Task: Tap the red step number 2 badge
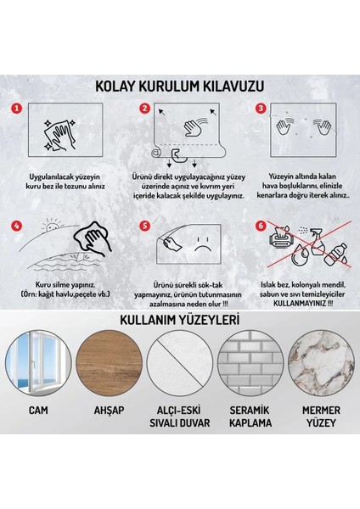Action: (144, 109)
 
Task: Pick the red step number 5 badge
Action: (144, 227)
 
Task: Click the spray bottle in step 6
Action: (316, 238)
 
